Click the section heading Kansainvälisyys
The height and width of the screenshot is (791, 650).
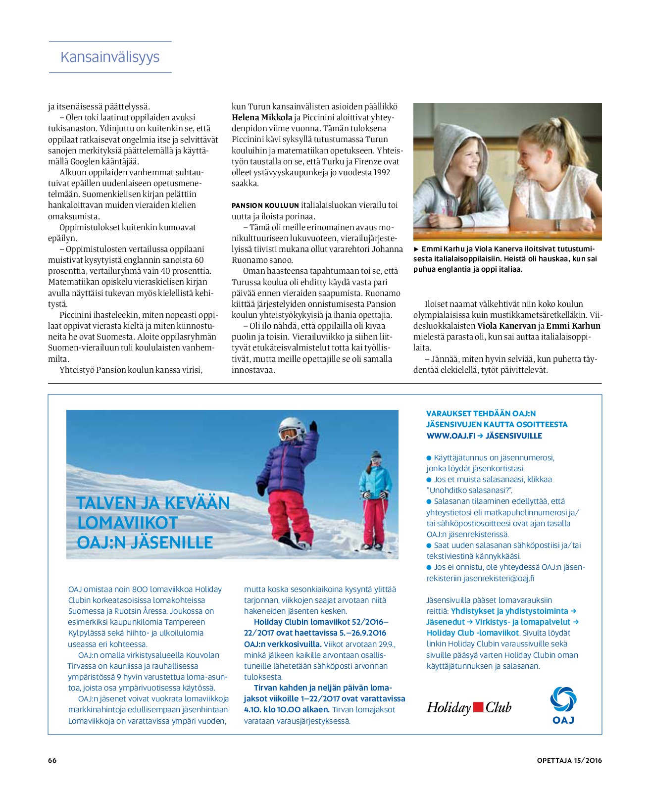pos(110,57)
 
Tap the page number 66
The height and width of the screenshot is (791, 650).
pos(52,760)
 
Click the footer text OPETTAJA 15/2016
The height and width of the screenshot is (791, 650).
pos(569,760)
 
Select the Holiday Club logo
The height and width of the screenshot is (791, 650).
pos(469,707)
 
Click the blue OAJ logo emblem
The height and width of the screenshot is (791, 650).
pos(563,700)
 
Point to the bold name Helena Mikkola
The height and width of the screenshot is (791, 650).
pos(262,117)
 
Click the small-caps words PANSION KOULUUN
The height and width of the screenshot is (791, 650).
pos(265,205)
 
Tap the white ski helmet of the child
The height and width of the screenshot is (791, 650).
pos(293,427)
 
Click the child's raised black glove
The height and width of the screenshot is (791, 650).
pos(313,426)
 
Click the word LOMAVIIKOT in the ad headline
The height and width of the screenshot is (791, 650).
pos(127,522)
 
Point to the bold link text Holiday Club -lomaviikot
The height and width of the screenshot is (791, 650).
pos(473,633)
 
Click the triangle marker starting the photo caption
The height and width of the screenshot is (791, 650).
pos(416,249)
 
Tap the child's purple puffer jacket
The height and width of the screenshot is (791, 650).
pos(286,463)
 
